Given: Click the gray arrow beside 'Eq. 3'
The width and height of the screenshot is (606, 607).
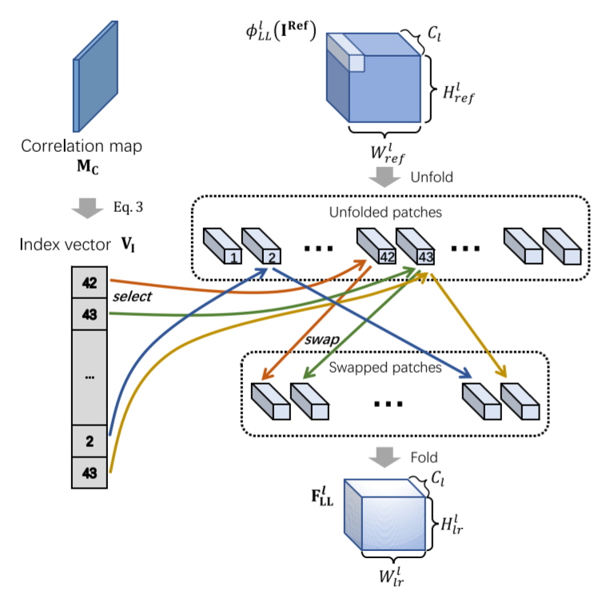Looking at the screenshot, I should point(86,210).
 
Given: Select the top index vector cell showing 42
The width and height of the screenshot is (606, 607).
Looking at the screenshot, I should point(89,282).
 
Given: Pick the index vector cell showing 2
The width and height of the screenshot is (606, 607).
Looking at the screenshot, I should point(89,440).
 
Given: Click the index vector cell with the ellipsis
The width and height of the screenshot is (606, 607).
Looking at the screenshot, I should point(89,375).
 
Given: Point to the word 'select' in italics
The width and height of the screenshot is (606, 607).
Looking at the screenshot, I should point(133,297).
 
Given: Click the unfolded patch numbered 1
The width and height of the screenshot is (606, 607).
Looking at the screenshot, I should point(221,246).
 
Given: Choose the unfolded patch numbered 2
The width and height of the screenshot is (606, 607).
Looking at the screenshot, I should point(260,246).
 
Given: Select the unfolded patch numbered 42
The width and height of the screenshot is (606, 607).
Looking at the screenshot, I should point(375,246).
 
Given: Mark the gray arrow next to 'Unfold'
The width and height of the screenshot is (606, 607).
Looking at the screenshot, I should point(386,177).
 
